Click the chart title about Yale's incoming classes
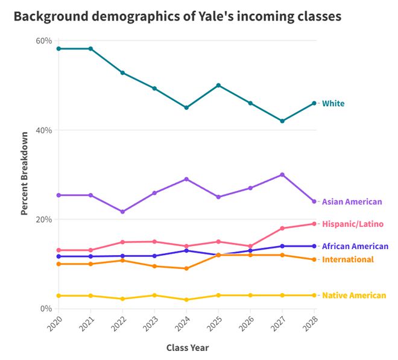click(x=177, y=16)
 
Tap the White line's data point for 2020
click(x=58, y=48)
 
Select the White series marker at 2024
click(x=186, y=108)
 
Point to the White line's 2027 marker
click(x=282, y=121)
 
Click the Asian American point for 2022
click(x=122, y=212)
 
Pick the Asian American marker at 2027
click(x=282, y=175)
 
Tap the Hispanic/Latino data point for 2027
click(x=282, y=228)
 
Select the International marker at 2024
click(x=186, y=268)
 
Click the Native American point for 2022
click(x=122, y=298)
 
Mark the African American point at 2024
click(x=186, y=251)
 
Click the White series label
click(x=333, y=103)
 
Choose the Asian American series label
click(x=352, y=201)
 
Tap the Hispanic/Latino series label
click(x=353, y=224)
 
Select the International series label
click(x=348, y=259)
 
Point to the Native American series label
click(x=354, y=295)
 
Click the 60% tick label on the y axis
click(x=44, y=40)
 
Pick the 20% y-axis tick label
click(x=44, y=219)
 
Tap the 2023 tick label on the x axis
click(x=151, y=324)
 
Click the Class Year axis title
click(x=188, y=348)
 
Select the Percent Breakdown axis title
click(x=24, y=174)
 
